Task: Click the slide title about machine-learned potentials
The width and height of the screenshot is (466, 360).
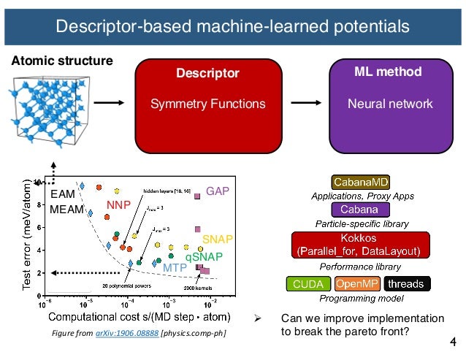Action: click(x=233, y=28)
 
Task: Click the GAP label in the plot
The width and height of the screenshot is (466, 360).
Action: click(x=218, y=191)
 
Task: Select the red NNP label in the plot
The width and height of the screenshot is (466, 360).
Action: click(x=119, y=206)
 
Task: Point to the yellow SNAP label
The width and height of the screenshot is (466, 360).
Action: click(x=216, y=240)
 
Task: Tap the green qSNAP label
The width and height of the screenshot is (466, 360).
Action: click(x=203, y=256)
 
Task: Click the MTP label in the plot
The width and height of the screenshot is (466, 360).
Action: click(x=175, y=268)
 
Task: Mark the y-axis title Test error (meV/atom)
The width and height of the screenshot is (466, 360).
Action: click(x=26, y=233)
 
